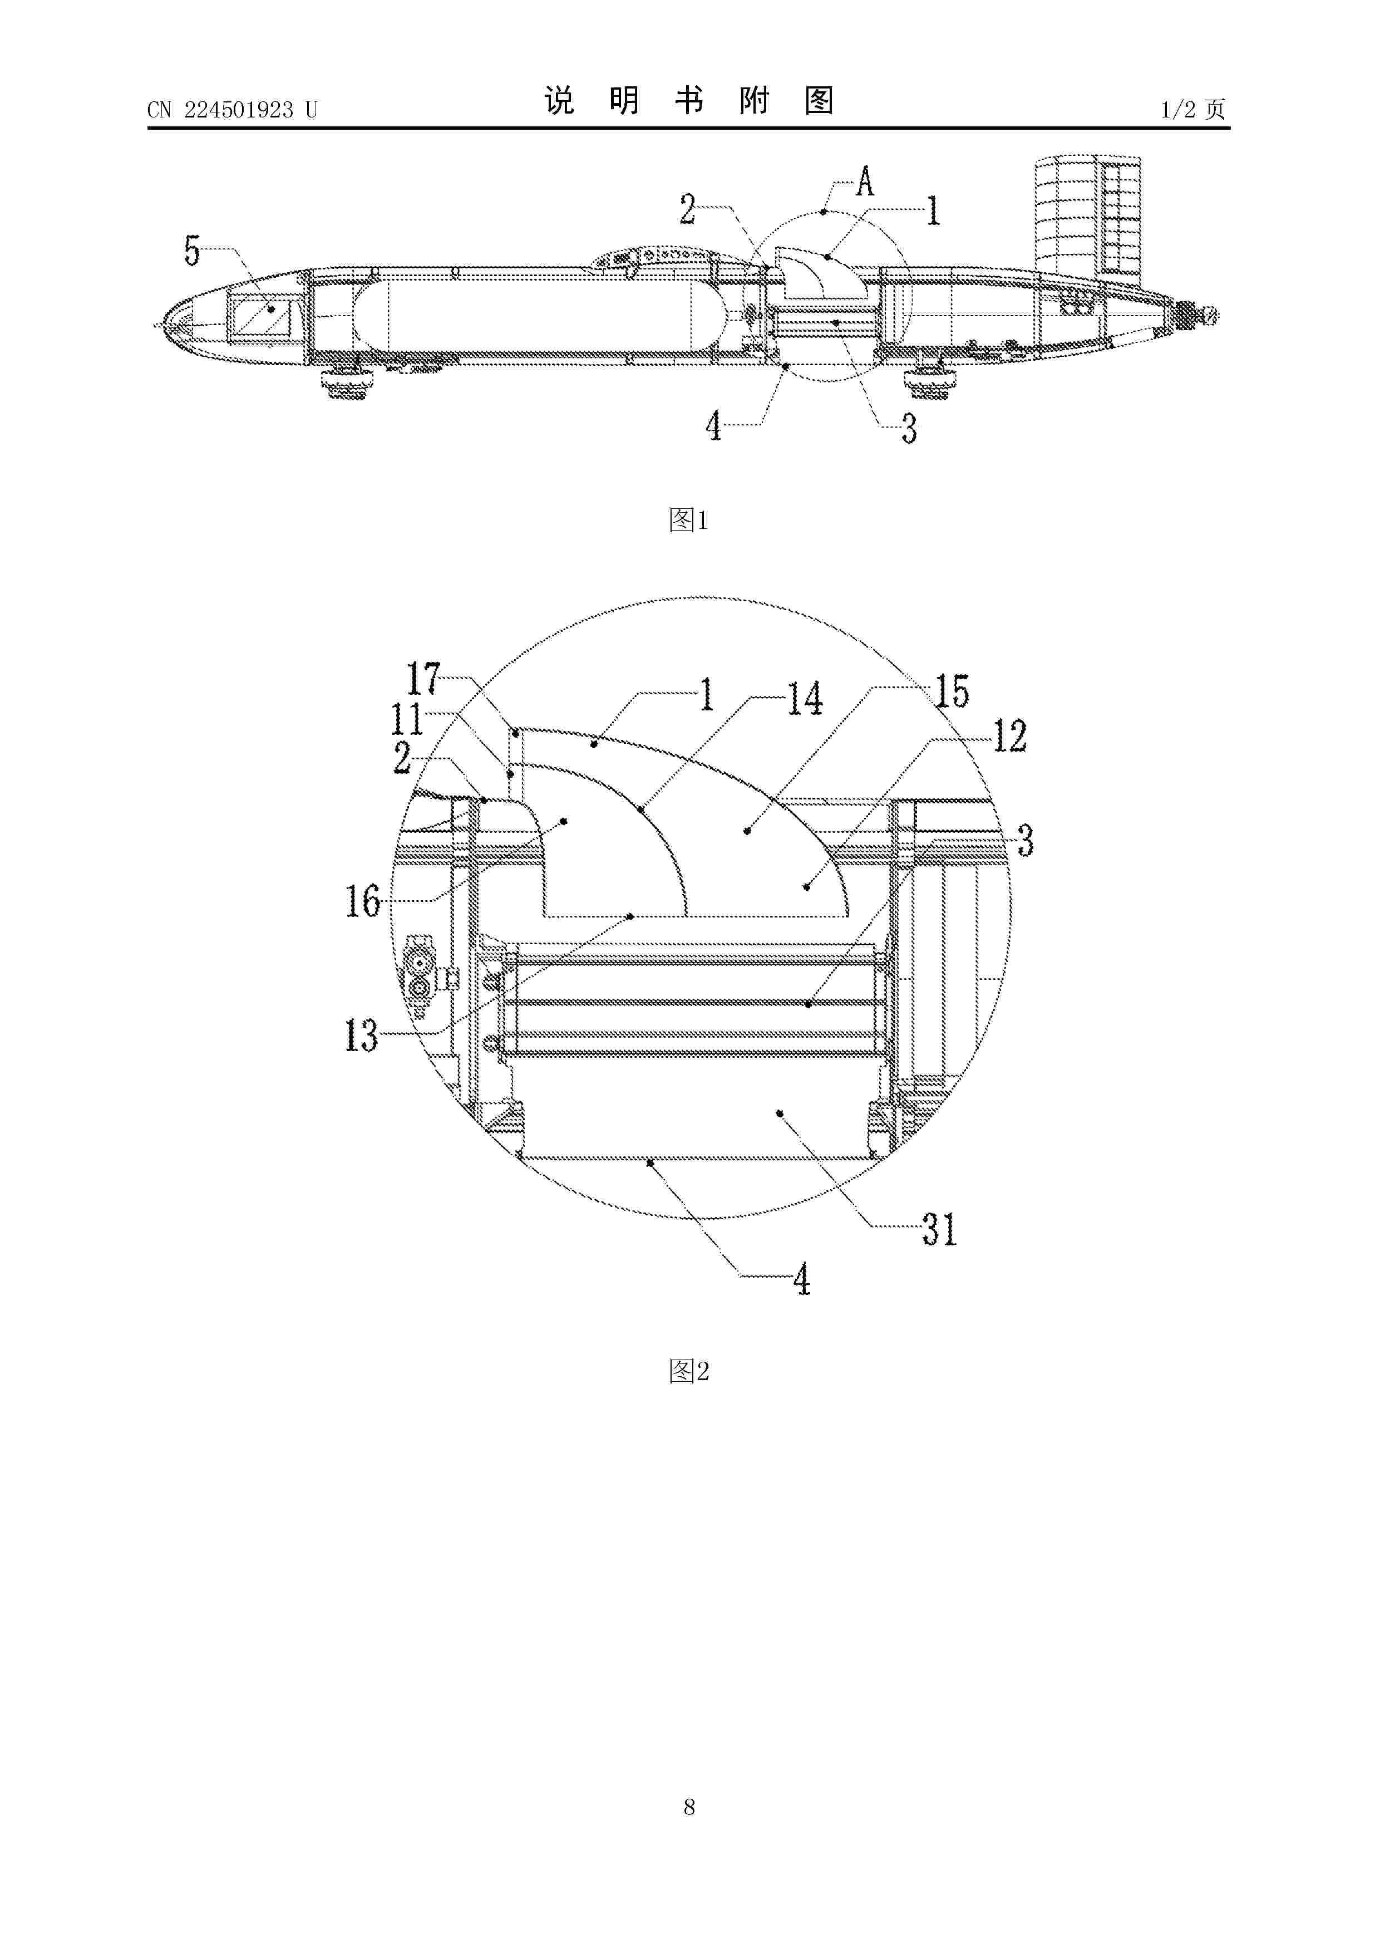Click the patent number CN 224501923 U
pos(232,110)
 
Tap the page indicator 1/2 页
pos(1193,109)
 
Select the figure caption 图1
pos(689,520)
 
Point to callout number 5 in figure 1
pos(192,251)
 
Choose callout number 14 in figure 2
pos(805,699)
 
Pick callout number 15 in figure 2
pos(952,691)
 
